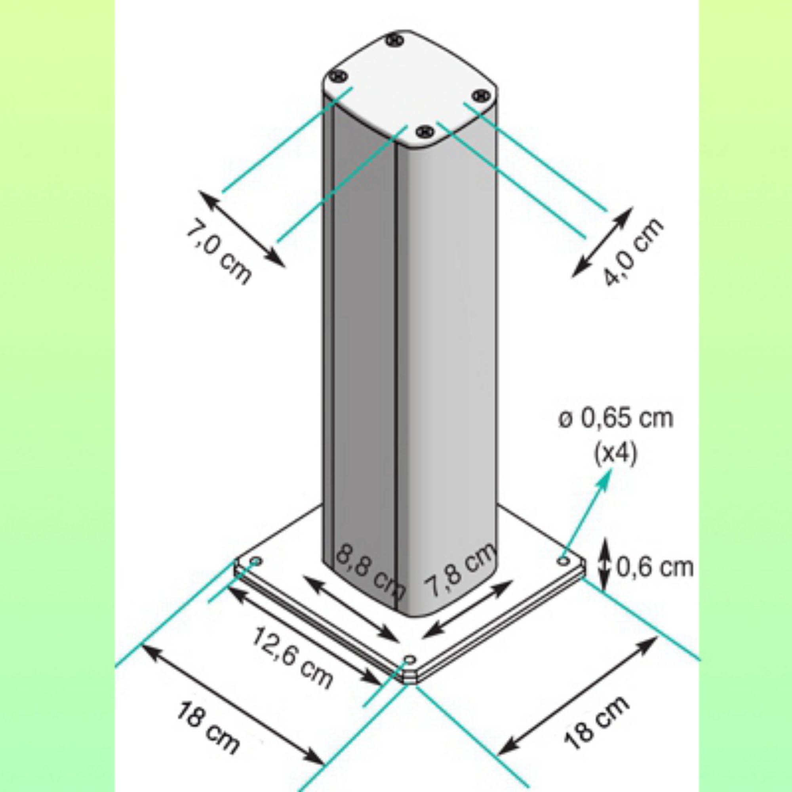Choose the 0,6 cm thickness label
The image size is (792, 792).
655,567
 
